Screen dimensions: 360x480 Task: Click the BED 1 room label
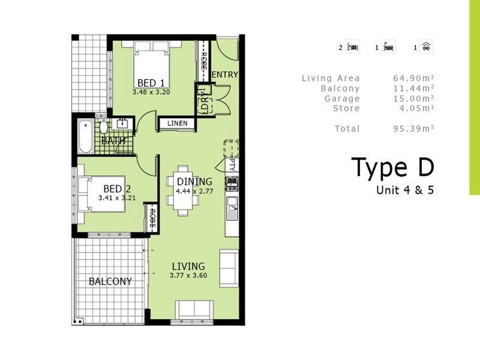[151, 83]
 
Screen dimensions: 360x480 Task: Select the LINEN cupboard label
[177, 124]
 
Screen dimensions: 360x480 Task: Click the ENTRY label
[225, 75]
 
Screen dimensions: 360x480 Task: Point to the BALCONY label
[110, 281]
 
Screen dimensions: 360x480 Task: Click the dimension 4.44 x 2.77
[194, 191]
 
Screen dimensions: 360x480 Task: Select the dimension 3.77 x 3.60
[188, 275]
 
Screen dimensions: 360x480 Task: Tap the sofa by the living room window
[193, 310]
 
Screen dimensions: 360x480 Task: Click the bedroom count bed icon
[353, 47]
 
